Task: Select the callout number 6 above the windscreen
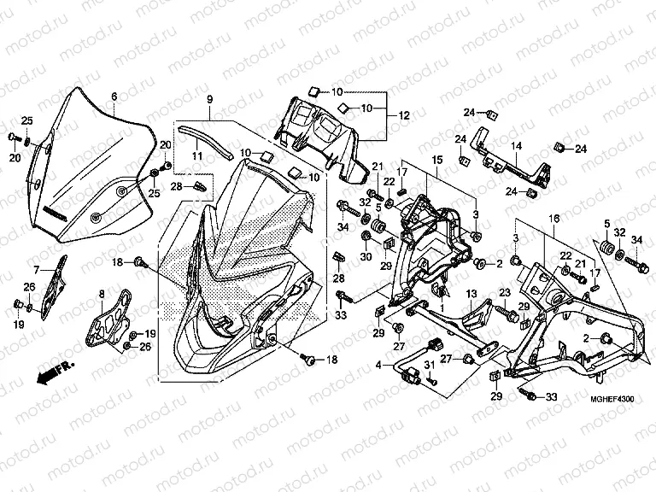[x=114, y=96]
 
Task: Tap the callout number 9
[x=208, y=101]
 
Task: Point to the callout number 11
[x=196, y=156]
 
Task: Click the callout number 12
[x=404, y=115]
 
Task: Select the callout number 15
[x=435, y=160]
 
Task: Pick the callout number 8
[x=102, y=295]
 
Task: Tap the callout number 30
[x=365, y=256]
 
